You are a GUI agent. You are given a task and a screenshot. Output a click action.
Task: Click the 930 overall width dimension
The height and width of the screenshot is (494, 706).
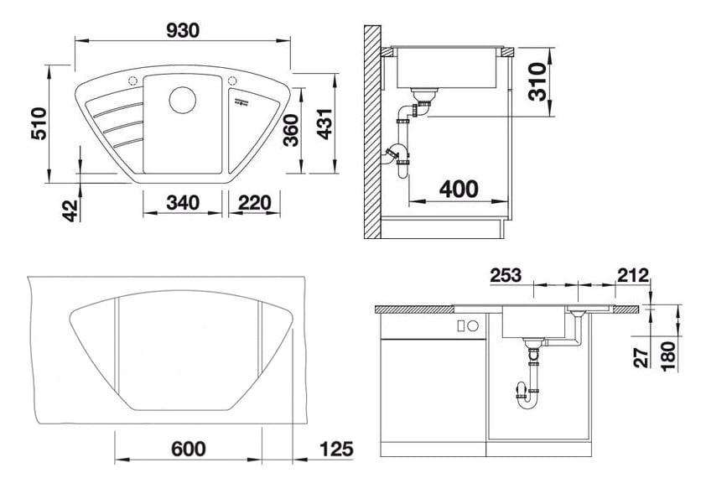click(182, 30)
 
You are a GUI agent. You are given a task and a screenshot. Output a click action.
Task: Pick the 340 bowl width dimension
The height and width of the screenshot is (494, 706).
click(182, 203)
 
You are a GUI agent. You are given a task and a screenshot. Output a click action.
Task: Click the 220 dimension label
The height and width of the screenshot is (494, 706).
click(253, 203)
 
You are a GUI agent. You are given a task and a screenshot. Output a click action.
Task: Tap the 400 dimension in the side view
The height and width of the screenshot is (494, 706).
click(458, 189)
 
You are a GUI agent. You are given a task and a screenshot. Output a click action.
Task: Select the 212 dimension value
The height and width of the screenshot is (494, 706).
click(632, 275)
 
